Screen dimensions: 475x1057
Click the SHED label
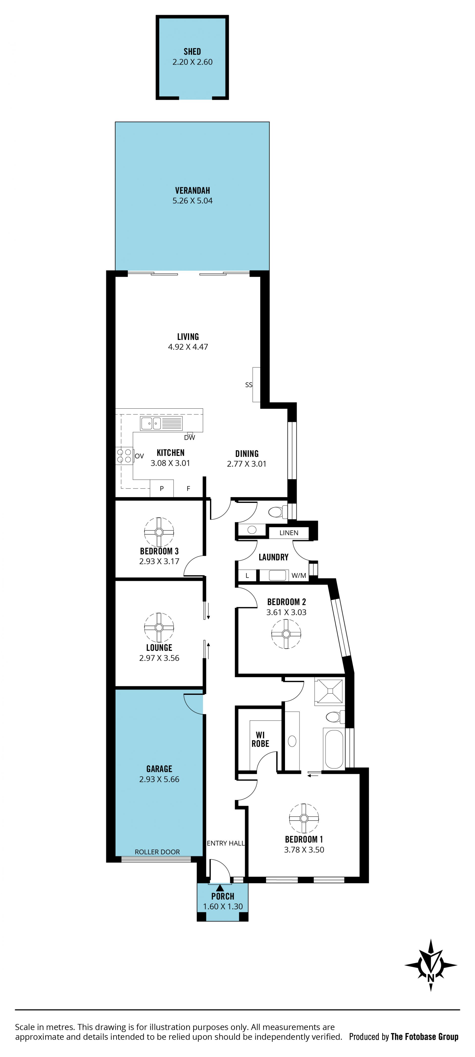click(x=192, y=52)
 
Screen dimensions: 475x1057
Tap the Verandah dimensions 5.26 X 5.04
click(x=192, y=201)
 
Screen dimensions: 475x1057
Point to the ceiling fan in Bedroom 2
click(x=286, y=634)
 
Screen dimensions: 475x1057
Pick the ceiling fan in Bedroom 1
click(x=304, y=818)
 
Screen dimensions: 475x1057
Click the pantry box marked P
click(x=162, y=488)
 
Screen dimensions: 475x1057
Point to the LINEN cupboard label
click(x=289, y=533)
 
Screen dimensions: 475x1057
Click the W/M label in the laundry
click(x=299, y=576)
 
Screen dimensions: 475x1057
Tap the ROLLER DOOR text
click(x=157, y=852)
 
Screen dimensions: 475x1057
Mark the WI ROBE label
click(x=260, y=739)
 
